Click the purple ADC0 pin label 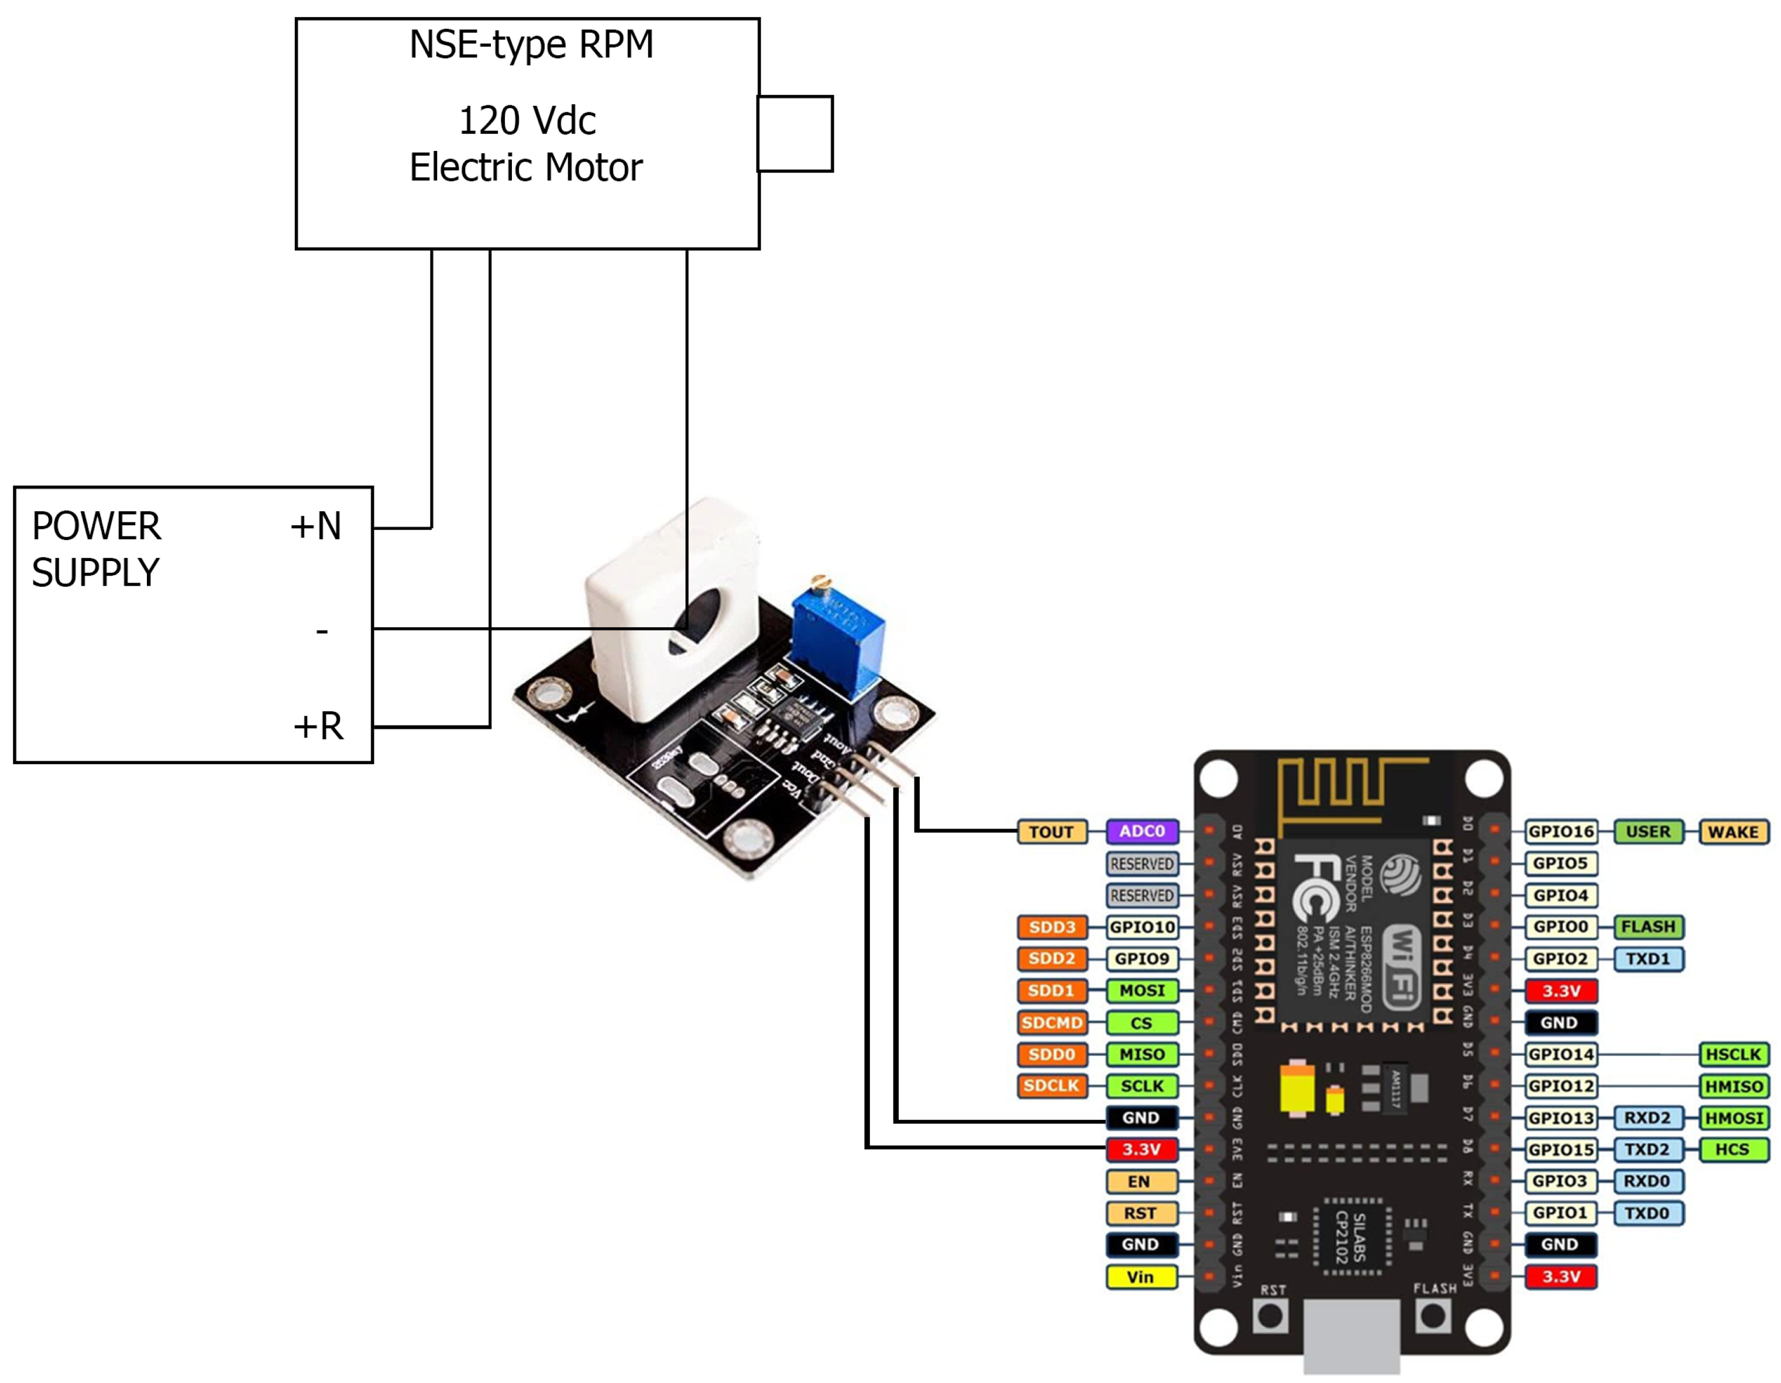pyautogui.click(x=1142, y=831)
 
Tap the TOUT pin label pyautogui.click(x=1051, y=832)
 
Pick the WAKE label pyautogui.click(x=1733, y=832)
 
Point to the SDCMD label pyautogui.click(x=1051, y=1023)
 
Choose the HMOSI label pyautogui.click(x=1734, y=1118)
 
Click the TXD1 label pyautogui.click(x=1647, y=959)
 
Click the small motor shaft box pyautogui.click(x=795, y=134)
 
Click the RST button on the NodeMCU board pyautogui.click(x=1270, y=1315)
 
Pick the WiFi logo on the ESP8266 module pyautogui.click(x=1402, y=965)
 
